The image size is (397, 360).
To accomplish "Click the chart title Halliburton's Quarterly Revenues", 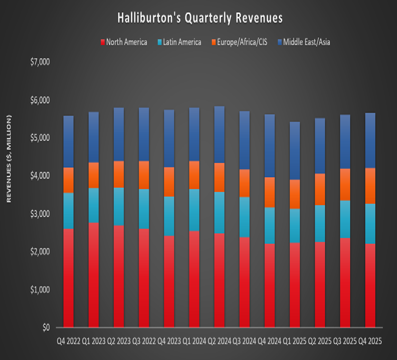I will click(x=200, y=18).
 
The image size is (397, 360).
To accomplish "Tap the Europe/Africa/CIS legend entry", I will click(x=238, y=42).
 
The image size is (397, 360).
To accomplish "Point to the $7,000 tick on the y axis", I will click(x=40, y=62).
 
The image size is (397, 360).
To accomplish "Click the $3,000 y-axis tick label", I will click(x=40, y=214).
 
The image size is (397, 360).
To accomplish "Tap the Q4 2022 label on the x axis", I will click(x=68, y=341).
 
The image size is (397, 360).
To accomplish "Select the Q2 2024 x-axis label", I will click(x=219, y=341).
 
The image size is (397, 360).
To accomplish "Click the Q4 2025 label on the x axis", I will click(x=370, y=341).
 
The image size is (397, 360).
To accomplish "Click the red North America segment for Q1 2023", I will click(x=93, y=275).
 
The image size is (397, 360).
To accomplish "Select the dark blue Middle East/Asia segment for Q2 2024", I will click(x=219, y=135).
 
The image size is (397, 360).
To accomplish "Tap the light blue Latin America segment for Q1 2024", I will click(x=194, y=210).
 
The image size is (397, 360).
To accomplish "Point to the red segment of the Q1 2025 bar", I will click(x=295, y=285).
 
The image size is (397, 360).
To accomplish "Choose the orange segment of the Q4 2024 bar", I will click(x=270, y=192).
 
